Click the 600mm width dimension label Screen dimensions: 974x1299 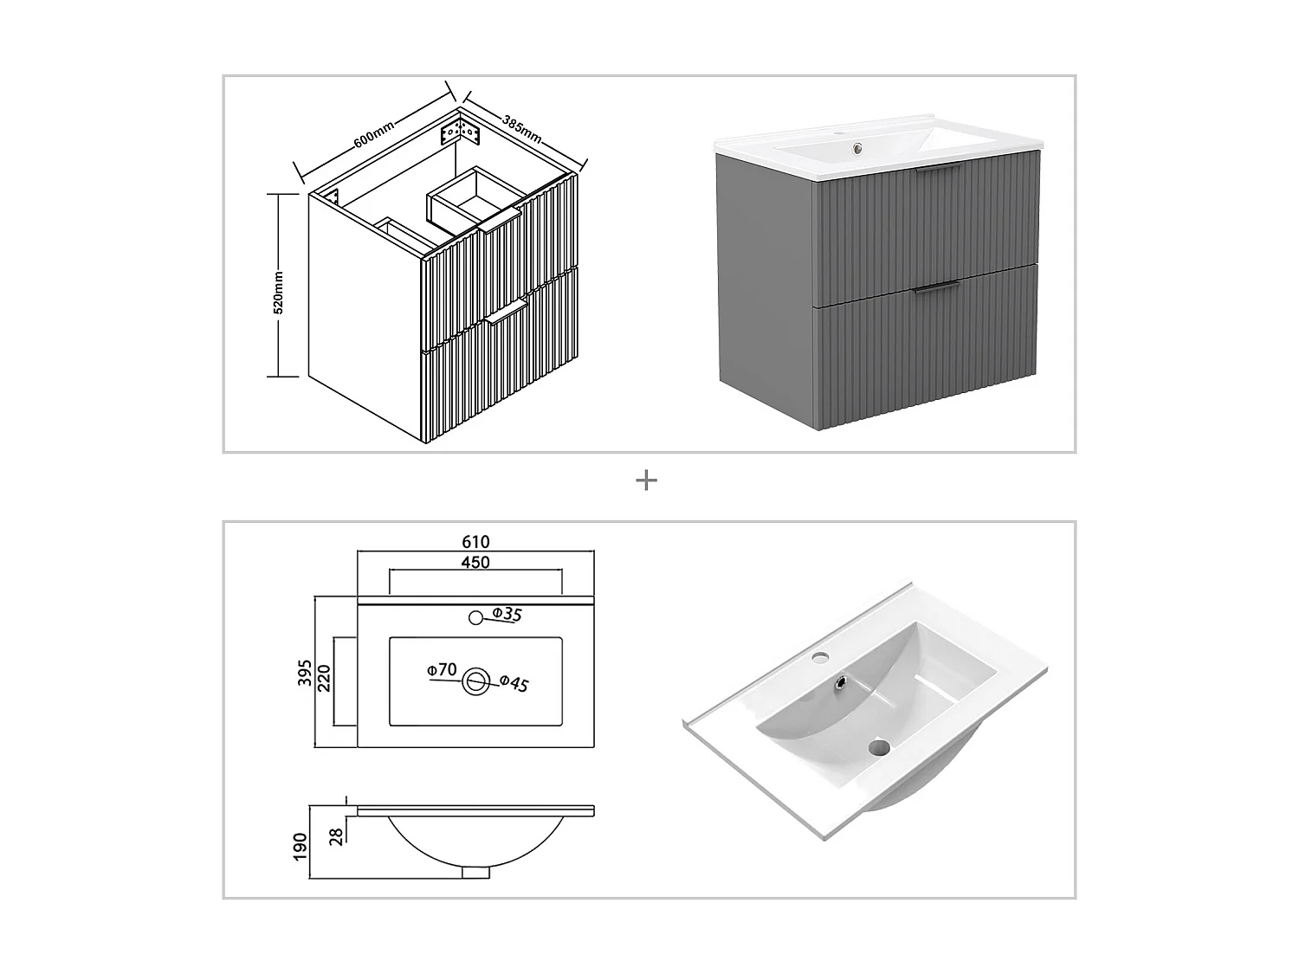tap(374, 134)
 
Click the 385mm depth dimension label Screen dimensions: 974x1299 tap(522, 127)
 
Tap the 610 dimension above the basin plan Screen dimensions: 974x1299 tap(475, 542)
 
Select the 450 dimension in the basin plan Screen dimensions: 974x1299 tap(475, 562)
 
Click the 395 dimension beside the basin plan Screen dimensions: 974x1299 tap(305, 672)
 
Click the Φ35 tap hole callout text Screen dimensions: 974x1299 tap(507, 615)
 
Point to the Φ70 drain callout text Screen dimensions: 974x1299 tap(442, 669)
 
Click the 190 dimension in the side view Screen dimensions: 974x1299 tap(301, 846)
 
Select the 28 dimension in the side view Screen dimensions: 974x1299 tap(336, 835)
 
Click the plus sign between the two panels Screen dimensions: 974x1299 tap(646, 481)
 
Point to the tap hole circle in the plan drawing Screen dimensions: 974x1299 tap(475, 617)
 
